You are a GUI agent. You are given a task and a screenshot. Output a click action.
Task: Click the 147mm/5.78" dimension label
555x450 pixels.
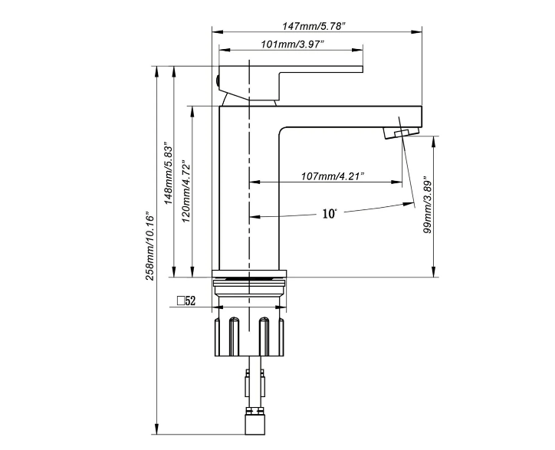point(314,25)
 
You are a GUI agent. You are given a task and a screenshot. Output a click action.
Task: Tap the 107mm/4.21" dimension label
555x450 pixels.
point(332,176)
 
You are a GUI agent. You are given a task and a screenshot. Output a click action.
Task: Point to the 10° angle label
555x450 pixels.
point(330,214)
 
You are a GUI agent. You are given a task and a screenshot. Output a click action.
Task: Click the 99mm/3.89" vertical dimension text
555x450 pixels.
point(429,205)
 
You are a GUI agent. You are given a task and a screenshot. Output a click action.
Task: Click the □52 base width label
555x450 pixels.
point(187,302)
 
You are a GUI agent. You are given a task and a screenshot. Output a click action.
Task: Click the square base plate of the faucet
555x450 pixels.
point(250,274)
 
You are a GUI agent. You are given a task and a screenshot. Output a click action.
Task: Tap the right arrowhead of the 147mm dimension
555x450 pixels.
point(419,31)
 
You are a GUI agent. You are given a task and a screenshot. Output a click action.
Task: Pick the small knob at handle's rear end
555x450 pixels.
point(218,78)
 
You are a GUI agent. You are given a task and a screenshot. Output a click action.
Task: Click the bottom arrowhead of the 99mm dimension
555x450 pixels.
point(435,272)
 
